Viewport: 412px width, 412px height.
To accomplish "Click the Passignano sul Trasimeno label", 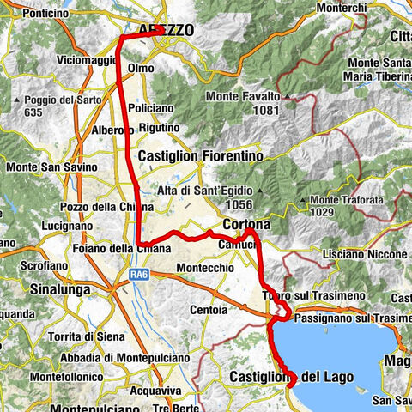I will pyautogui.click(x=352, y=318).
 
